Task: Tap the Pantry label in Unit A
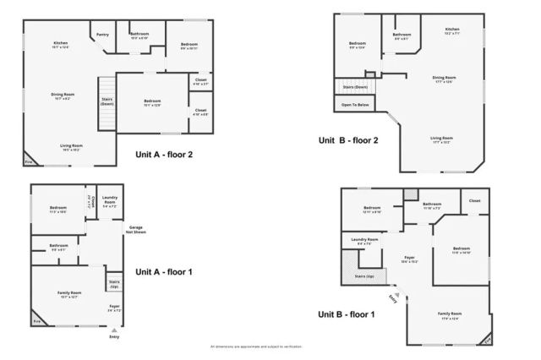click(103, 35)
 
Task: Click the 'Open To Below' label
click(355, 105)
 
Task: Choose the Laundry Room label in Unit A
click(110, 202)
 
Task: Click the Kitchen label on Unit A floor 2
click(61, 43)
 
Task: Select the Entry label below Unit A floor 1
click(114, 336)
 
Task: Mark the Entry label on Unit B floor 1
click(392, 298)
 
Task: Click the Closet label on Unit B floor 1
click(474, 201)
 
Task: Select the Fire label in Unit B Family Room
click(484, 339)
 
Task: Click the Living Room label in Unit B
click(441, 138)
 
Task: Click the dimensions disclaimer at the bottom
click(255, 346)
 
